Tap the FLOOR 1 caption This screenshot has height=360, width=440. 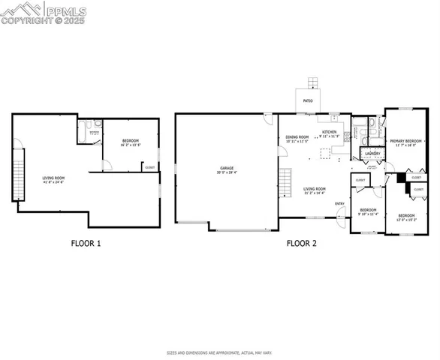coord(86,243)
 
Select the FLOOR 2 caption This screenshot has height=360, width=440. coord(302,243)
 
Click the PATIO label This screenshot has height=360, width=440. coord(308,100)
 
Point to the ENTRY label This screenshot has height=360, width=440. coord(340,203)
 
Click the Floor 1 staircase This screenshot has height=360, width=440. coord(20,173)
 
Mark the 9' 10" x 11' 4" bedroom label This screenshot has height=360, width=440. coord(367,211)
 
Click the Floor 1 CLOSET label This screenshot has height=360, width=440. coord(150,166)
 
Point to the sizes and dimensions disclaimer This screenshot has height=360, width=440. coord(219,351)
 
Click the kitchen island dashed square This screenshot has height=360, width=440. coord(325,155)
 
